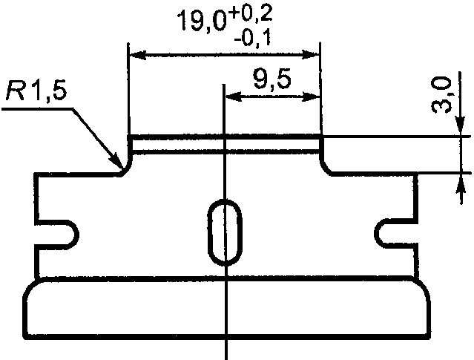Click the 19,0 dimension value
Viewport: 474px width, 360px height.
click(202, 21)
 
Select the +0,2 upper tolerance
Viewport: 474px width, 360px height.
click(251, 14)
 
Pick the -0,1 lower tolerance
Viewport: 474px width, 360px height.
click(252, 39)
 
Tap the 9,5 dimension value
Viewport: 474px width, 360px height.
click(272, 79)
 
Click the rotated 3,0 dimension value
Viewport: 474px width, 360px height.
click(441, 95)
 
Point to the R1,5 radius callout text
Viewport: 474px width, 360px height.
click(36, 91)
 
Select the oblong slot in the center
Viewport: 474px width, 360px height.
click(226, 232)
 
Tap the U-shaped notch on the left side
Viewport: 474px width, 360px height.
click(57, 235)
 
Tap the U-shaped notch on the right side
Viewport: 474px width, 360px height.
click(396, 234)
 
